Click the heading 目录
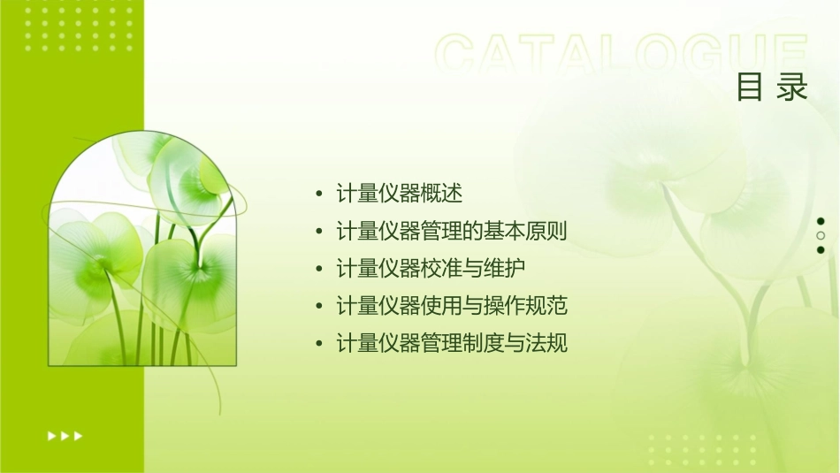pos(773,88)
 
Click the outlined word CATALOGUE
pos(622,55)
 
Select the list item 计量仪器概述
pos(400,193)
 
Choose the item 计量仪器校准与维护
pos(425,268)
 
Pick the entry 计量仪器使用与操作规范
pos(451,306)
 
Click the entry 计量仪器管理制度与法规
pos(451,343)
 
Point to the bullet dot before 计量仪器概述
pos(319,194)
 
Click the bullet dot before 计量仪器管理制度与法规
pos(319,344)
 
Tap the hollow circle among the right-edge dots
pos(821,235)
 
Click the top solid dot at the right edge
pos(821,221)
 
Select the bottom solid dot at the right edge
pos(821,250)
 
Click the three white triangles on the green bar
pos(65,435)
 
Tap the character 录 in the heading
pos(793,88)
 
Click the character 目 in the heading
pos(750,88)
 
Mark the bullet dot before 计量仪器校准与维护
pos(319,269)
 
